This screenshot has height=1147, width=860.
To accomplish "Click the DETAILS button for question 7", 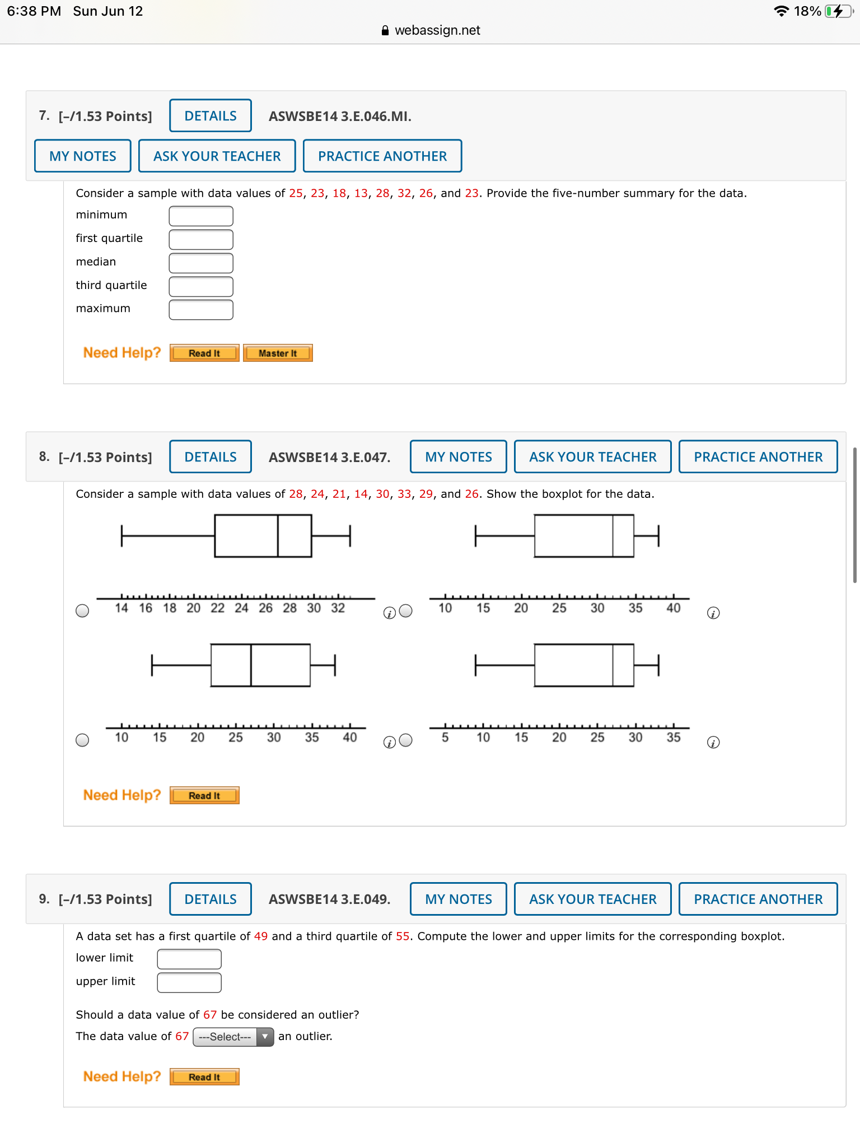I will point(211,116).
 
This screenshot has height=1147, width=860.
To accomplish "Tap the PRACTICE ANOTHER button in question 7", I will point(382,156).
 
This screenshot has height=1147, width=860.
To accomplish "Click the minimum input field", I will point(201,216).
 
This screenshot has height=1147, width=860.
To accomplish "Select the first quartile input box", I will point(201,239).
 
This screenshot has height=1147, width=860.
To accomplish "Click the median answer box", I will point(201,263).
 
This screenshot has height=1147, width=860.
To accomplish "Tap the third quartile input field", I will point(201,286).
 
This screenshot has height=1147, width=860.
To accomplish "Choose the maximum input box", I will point(201,310).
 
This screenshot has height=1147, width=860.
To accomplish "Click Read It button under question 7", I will point(204,353).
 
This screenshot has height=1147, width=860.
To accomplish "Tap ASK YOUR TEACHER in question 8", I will point(592,457).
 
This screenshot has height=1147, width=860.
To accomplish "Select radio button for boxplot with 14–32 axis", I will point(82,610).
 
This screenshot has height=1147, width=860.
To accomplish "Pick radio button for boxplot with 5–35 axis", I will point(406,740).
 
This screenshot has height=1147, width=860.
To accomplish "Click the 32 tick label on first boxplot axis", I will point(338,608).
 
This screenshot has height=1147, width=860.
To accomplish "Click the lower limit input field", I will point(189,959).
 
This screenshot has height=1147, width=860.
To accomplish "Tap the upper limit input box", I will point(189,982).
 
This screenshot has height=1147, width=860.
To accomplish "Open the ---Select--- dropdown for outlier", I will point(233,1037).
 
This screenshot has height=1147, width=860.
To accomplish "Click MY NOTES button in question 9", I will point(458,899).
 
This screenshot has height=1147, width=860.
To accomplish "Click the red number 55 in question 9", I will point(403,936).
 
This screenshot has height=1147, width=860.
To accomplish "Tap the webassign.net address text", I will point(437,30).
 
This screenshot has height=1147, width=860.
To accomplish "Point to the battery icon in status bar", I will point(838,11).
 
